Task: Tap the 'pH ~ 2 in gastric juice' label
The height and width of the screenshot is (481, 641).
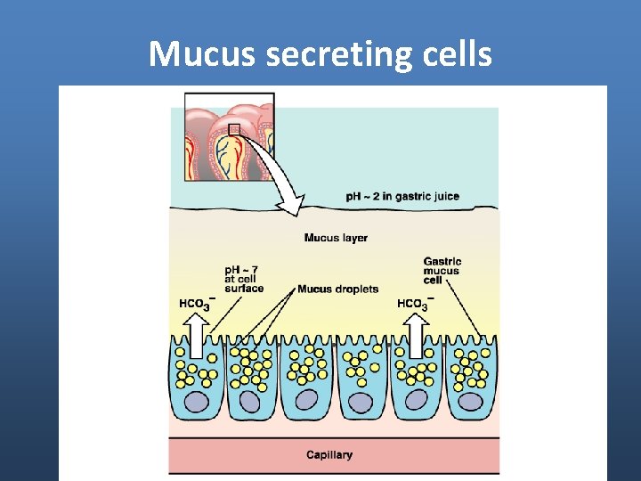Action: pyautogui.click(x=402, y=196)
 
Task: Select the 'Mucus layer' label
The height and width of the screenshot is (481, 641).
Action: pyautogui.click(x=336, y=238)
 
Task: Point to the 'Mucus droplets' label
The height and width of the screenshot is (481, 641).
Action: pyautogui.click(x=337, y=289)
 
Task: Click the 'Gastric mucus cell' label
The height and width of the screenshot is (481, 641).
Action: pyautogui.click(x=442, y=271)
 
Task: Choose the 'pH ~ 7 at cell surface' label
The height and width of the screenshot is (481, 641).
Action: pyautogui.click(x=244, y=278)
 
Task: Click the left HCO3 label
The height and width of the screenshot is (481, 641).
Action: pyautogui.click(x=195, y=304)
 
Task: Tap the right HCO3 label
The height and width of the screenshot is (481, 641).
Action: pyautogui.click(x=412, y=304)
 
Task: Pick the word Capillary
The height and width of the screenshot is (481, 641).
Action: pyautogui.click(x=329, y=455)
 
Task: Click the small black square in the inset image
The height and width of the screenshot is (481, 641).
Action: pyautogui.click(x=234, y=130)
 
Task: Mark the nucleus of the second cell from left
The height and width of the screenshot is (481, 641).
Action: pyautogui.click(x=251, y=403)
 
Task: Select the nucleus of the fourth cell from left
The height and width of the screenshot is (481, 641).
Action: pyautogui.click(x=361, y=402)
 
